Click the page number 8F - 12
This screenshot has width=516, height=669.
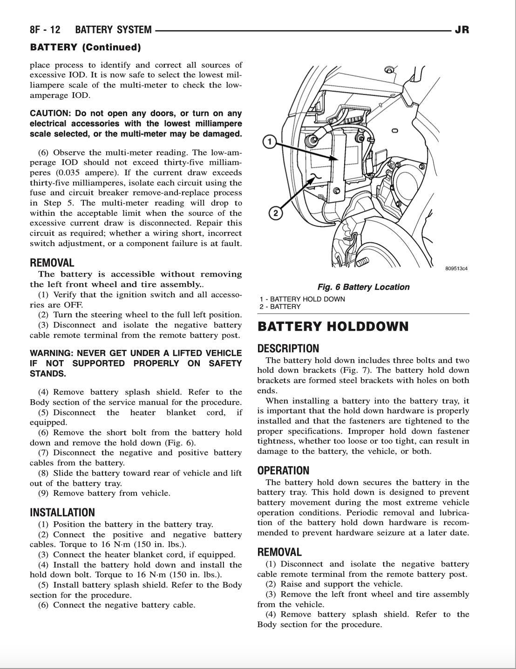45,30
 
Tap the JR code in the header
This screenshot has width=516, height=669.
462,30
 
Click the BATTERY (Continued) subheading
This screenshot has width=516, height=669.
85,47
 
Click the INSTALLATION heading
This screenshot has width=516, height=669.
62,512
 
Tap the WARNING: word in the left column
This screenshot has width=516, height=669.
51,353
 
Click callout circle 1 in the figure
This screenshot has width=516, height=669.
269,141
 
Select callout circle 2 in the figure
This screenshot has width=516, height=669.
275,213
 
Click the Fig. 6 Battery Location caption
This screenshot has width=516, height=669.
363,287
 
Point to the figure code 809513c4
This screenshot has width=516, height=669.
456,269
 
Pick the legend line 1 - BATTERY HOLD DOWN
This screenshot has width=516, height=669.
302,299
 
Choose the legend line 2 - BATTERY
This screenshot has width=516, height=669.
280,307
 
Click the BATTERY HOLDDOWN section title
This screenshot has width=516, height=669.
333,327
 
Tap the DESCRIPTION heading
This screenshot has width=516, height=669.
288,348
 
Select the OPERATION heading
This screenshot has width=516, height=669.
283,471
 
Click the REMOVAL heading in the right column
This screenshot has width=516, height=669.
279,552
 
